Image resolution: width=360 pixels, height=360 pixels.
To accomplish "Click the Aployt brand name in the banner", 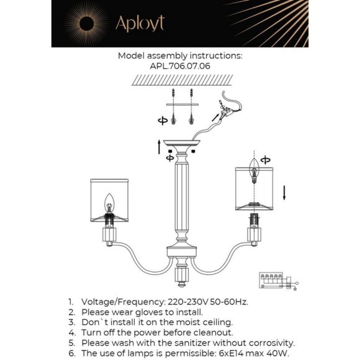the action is coord(140,24).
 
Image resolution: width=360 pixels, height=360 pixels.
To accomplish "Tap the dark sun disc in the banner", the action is coord(86,24).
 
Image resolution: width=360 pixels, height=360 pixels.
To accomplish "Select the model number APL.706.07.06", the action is coord(180,66).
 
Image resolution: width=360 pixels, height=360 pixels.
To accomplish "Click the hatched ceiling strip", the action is coord(182,80).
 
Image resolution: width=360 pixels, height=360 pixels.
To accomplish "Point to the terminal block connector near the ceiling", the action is coord(227,112).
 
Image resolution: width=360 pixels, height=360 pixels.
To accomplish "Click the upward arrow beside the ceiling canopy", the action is coord(159,147).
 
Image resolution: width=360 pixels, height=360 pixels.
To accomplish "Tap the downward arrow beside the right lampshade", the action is coord(284,193).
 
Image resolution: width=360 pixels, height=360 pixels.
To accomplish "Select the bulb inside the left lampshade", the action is coord(109,204).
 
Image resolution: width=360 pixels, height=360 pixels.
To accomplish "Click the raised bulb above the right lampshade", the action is coord(254,170).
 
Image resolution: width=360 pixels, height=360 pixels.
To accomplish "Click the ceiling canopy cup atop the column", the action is coord(182,145).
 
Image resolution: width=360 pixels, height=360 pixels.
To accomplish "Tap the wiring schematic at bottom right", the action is coord(279,281).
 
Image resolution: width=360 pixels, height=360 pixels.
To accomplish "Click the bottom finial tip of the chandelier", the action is coord(182,285).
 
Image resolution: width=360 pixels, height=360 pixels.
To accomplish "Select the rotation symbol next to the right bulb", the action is coord(266,160).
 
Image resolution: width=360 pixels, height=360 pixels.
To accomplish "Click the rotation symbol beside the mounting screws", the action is coord(163,120).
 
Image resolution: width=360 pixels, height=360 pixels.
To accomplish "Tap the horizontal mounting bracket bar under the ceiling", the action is coord(182,104).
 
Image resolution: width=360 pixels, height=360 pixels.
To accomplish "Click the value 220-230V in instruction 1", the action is coord(188,302).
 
